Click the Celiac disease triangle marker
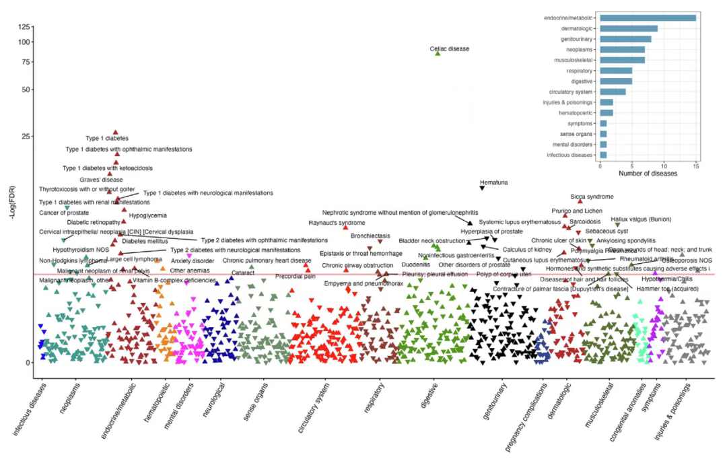(x=438, y=53)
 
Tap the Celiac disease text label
(x=450, y=48)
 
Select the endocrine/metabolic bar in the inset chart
(x=648, y=17)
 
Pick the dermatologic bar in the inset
(x=629, y=28)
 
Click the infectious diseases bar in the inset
(x=604, y=155)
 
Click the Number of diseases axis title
(x=648, y=174)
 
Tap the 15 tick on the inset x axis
(x=696, y=165)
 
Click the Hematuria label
(x=493, y=182)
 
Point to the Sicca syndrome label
(x=592, y=197)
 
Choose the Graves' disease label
(x=101, y=180)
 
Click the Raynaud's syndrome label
(x=337, y=222)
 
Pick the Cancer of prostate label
(x=64, y=213)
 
